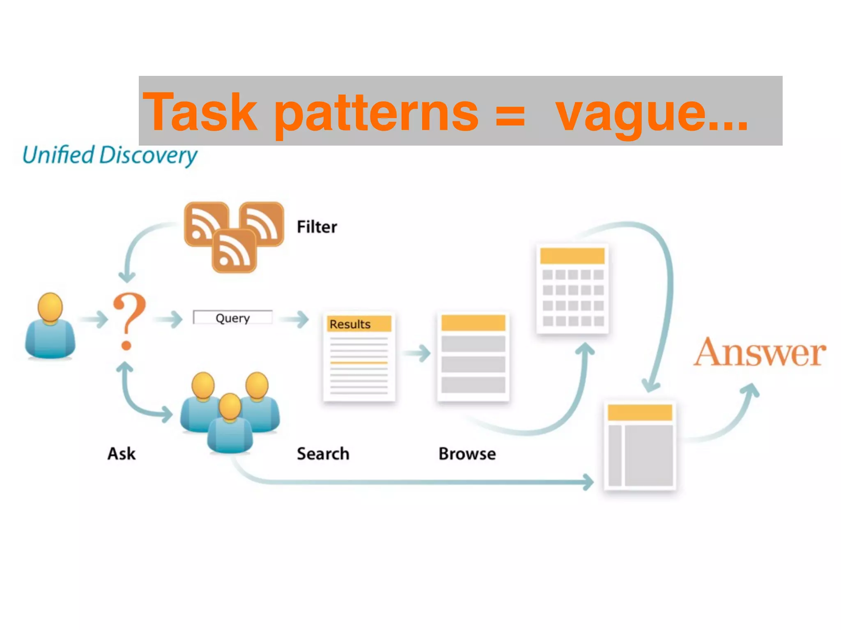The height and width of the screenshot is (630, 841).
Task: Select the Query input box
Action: tap(232, 317)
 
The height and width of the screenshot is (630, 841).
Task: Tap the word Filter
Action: tap(317, 227)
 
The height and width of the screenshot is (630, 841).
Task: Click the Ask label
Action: tap(122, 454)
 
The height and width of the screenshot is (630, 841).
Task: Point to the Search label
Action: tap(323, 454)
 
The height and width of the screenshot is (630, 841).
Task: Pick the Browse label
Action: tap(467, 454)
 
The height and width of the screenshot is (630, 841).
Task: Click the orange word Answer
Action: tap(760, 353)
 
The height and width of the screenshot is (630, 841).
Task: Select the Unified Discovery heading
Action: tap(110, 155)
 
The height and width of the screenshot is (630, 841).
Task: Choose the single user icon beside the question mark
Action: tap(50, 326)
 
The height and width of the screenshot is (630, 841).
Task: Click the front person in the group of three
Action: tap(230, 425)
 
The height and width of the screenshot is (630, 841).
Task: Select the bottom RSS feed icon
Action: tap(234, 251)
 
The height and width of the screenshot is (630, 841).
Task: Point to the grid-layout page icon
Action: tap(572, 289)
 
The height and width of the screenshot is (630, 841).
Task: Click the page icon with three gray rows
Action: tap(473, 356)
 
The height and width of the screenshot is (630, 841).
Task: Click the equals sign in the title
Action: tap(510, 116)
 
